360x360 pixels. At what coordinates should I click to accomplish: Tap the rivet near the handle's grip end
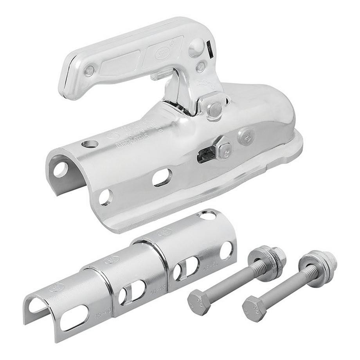click(x=90, y=71)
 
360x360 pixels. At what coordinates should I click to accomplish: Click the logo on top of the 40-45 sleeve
click(x=112, y=259)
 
